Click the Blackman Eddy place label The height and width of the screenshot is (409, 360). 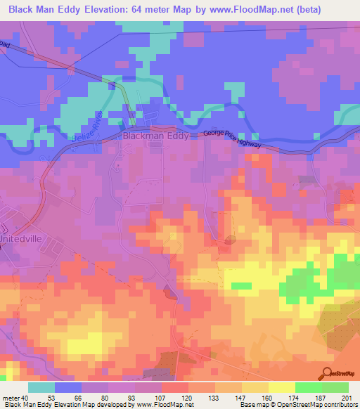[x=156, y=137]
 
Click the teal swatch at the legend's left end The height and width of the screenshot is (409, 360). [x=41, y=387]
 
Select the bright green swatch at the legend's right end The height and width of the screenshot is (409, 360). [x=335, y=387]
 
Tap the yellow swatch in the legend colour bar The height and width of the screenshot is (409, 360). [x=281, y=387]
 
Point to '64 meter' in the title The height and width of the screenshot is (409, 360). [x=151, y=9]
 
